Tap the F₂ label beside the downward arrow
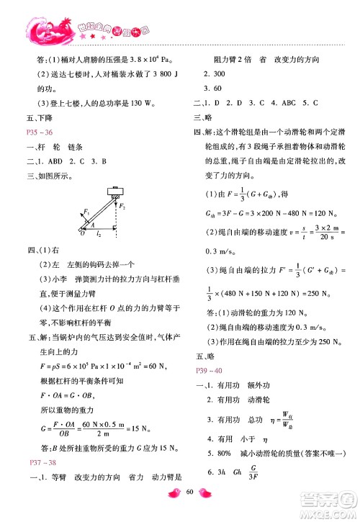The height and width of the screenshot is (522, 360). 125,207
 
